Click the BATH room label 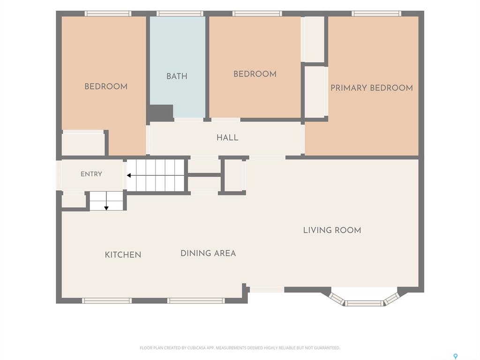click(x=177, y=76)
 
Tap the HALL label click(x=227, y=137)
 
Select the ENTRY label click(x=91, y=174)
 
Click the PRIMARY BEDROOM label click(x=372, y=88)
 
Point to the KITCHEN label click(x=123, y=255)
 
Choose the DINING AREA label click(x=208, y=253)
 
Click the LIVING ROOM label click(x=332, y=230)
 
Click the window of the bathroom click(x=180, y=14)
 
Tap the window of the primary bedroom click(x=376, y=14)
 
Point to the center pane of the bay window click(x=364, y=303)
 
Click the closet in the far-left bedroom click(x=83, y=143)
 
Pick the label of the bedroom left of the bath click(x=106, y=86)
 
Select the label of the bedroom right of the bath click(x=255, y=74)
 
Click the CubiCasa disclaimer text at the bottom click(x=240, y=348)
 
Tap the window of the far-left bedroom click(x=108, y=14)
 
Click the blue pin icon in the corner click(x=456, y=356)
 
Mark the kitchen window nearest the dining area click(x=196, y=301)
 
